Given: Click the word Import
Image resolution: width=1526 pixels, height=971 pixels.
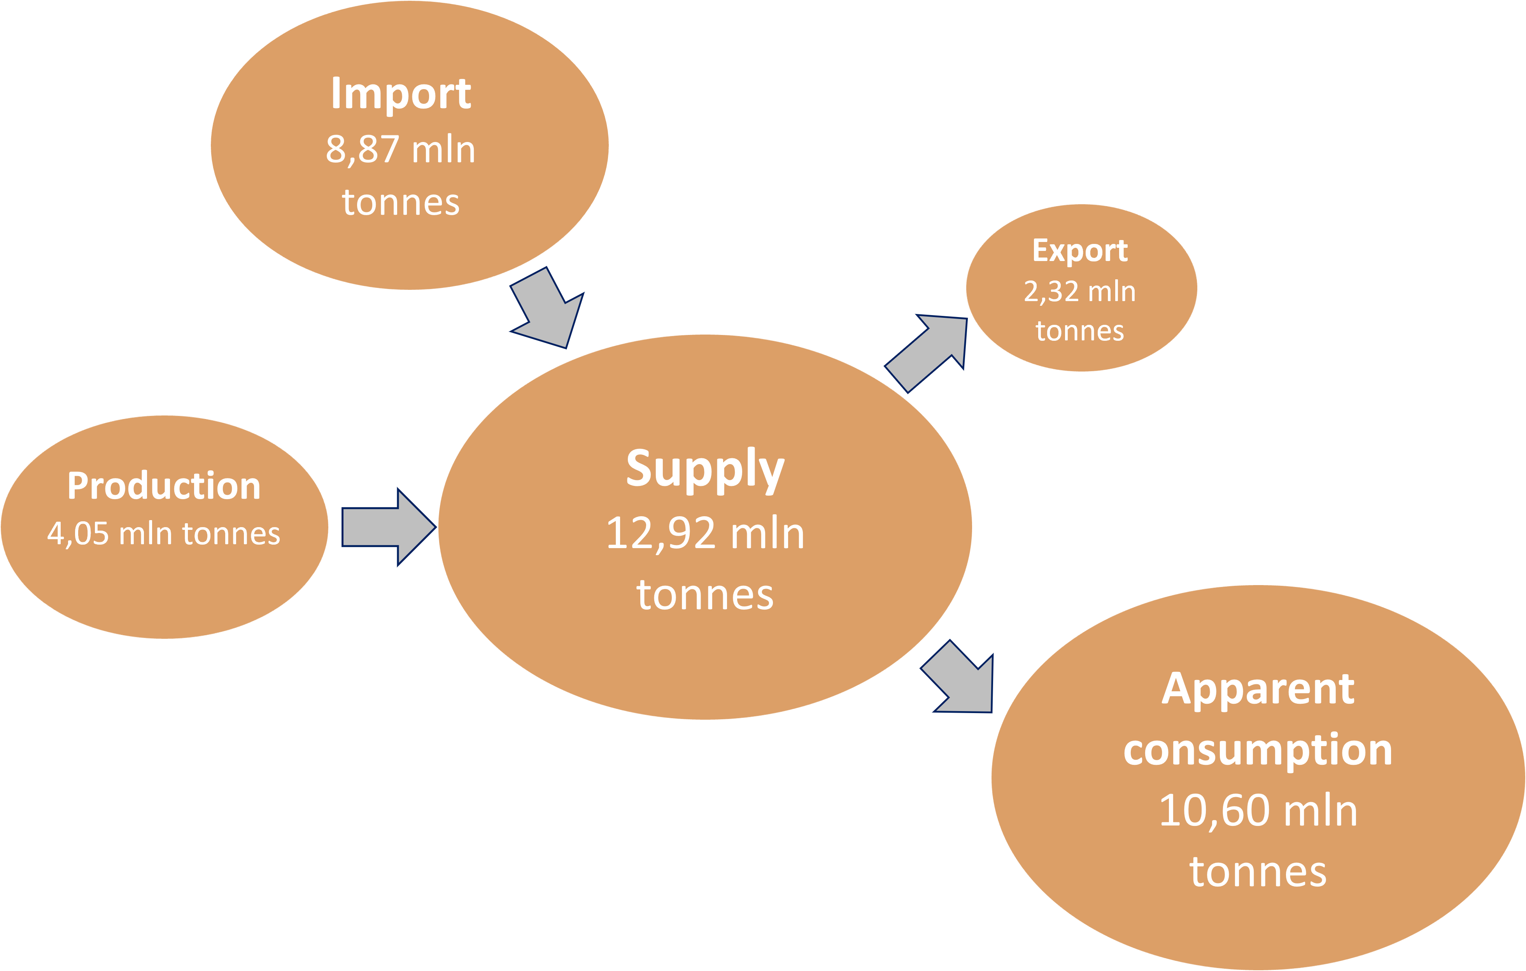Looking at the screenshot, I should click(x=401, y=94).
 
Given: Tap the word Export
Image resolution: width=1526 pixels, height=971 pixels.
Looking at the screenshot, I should click(x=1080, y=251).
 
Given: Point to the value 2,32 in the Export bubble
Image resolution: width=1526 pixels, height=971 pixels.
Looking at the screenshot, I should click(x=1051, y=291).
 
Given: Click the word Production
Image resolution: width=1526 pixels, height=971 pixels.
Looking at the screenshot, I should click(x=164, y=486).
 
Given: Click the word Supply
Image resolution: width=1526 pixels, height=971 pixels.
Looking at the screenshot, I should click(x=705, y=469).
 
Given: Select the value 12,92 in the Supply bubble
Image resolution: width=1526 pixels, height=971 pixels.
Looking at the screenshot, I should click(x=660, y=534).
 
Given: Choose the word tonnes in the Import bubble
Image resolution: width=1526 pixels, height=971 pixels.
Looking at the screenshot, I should click(x=401, y=203).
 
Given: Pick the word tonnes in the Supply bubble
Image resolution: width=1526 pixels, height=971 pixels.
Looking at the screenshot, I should click(x=705, y=595).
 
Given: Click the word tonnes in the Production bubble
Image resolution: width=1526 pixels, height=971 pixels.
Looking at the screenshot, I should click(x=231, y=534).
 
